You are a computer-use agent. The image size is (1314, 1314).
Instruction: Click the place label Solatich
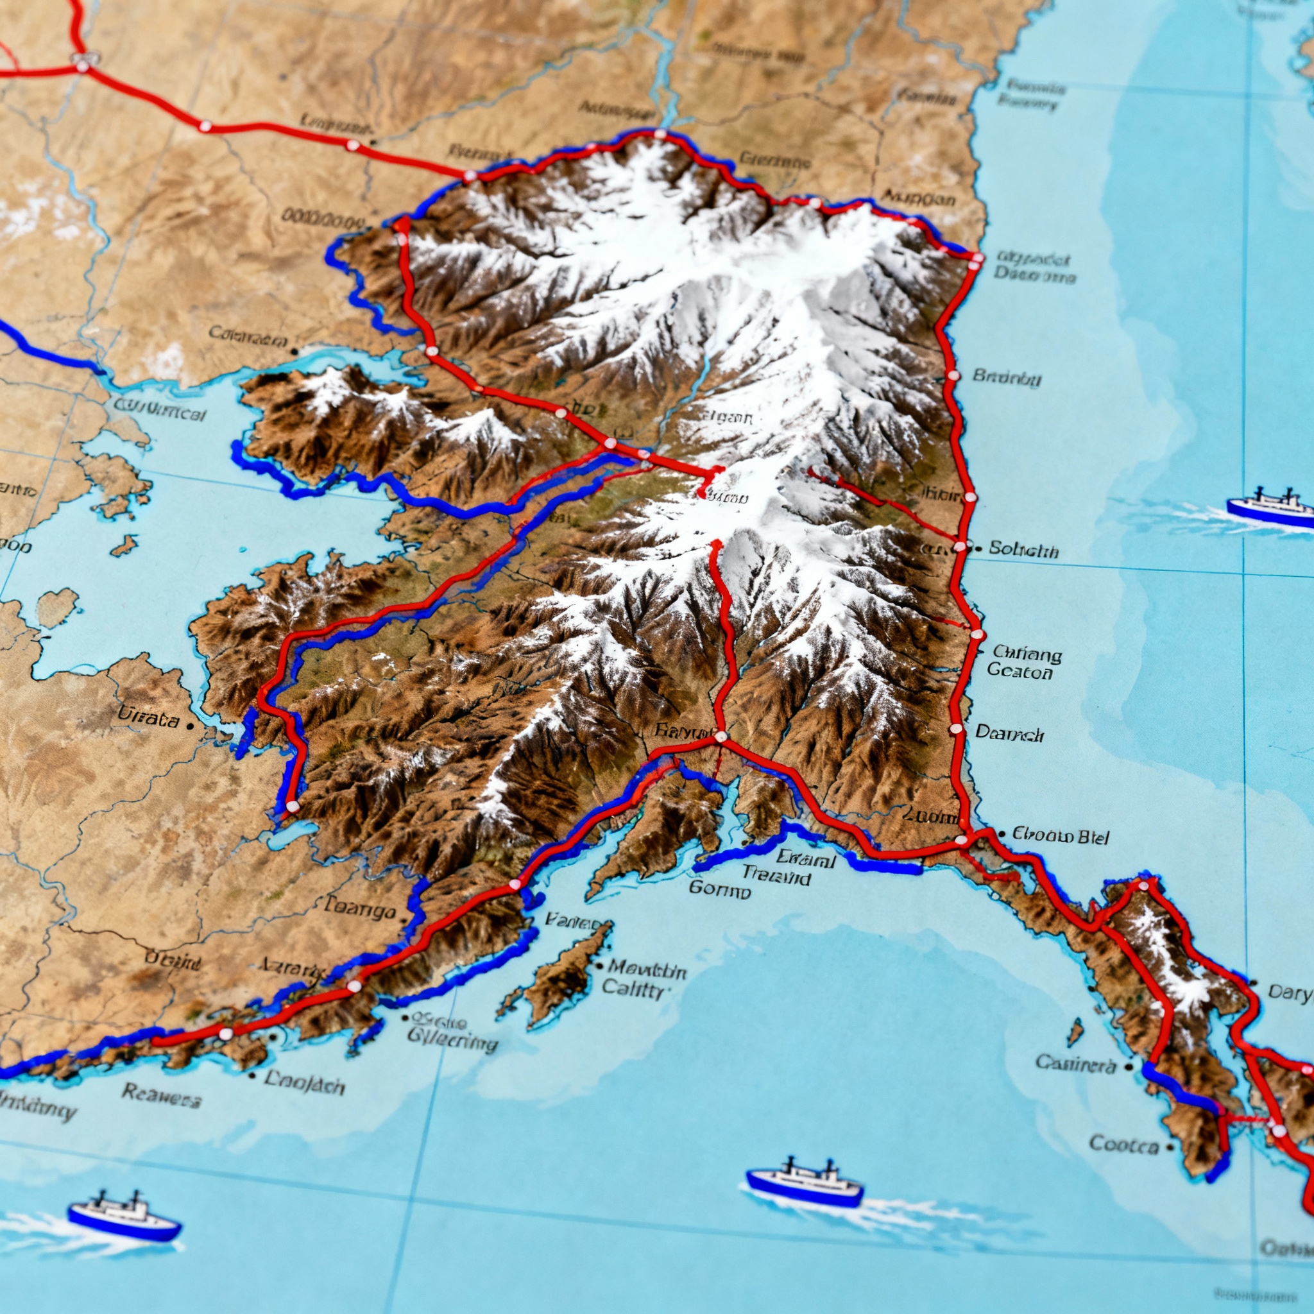[x=1023, y=550]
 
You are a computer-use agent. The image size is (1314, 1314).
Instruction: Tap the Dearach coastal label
[x=1009, y=733]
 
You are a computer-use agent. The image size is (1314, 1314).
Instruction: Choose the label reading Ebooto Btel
[x=1061, y=835]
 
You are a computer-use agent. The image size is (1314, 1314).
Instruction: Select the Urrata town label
[x=148, y=717]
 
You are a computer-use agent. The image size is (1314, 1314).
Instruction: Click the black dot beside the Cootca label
[x=1170, y=1147]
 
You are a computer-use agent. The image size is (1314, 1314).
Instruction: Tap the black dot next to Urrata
[x=190, y=726]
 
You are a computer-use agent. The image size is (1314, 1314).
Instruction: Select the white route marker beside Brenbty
[x=952, y=375]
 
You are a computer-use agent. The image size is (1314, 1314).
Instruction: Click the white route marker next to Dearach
[x=955, y=729]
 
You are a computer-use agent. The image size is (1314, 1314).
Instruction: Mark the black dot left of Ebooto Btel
[x=1001, y=832]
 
